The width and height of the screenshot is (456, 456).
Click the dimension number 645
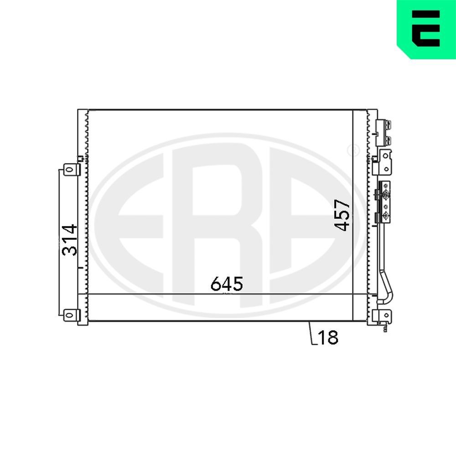point(227,284)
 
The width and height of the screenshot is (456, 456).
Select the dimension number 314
point(69,240)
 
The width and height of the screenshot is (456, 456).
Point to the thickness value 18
point(328,337)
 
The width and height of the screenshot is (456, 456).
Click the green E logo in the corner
point(427,28)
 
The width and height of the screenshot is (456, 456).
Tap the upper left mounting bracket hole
point(69,170)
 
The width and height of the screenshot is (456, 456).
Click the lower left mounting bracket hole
point(69,315)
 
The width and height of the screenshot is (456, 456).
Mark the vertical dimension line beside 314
point(59,242)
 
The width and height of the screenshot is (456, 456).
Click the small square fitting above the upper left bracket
point(81,159)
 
